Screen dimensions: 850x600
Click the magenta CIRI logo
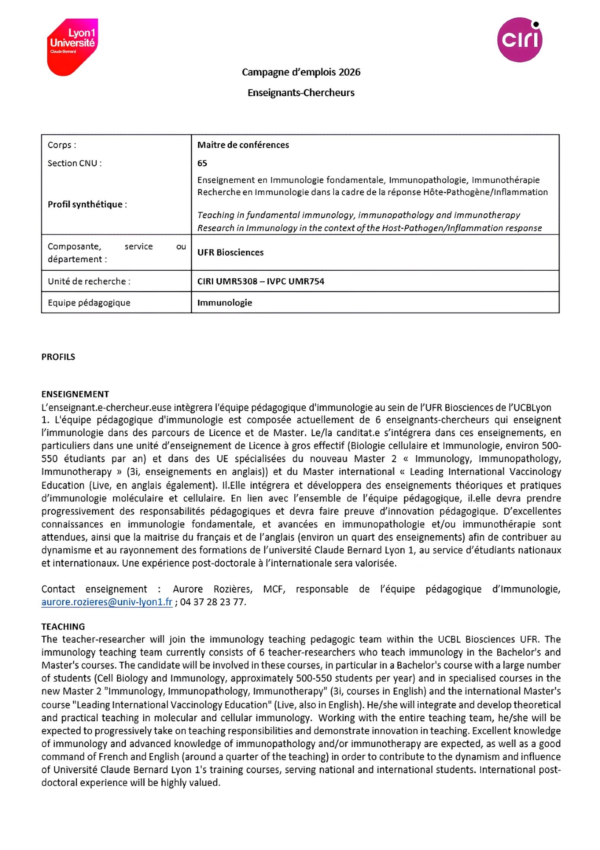[519, 40]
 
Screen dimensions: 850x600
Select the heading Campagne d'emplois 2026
[301, 72]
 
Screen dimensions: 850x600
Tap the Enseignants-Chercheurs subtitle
[301, 93]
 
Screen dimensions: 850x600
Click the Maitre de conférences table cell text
[243, 145]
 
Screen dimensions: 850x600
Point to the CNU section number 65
[202, 163]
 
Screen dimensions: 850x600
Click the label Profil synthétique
[87, 204]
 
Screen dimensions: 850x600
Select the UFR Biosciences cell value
[230, 252]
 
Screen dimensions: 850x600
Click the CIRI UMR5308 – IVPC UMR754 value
[260, 281]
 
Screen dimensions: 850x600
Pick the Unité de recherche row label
[89, 281]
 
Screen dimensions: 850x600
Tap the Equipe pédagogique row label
[89, 303]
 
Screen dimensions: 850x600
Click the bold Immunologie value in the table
[225, 303]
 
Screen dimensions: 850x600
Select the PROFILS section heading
[58, 357]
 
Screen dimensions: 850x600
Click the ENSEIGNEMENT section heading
[75, 394]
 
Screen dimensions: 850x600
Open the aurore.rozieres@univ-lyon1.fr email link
[107, 602]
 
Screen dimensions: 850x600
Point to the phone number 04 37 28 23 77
[213, 602]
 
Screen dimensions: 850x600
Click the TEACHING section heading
[63, 626]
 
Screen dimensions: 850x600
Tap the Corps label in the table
[62, 145]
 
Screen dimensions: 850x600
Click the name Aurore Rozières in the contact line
[212, 589]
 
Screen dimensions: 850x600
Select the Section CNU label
[74, 163]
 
